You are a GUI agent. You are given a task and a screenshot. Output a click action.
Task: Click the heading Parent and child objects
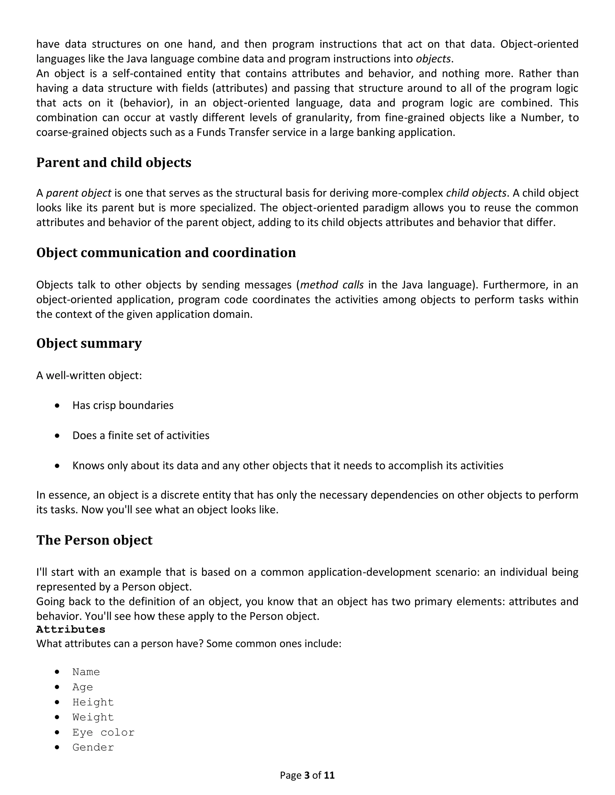click(114, 163)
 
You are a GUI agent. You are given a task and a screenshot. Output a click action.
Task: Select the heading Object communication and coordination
click(166, 253)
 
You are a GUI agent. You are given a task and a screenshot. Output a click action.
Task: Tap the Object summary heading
click(89, 343)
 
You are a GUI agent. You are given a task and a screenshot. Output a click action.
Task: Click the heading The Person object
click(94, 540)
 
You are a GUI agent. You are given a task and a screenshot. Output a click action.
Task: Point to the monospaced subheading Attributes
click(71, 629)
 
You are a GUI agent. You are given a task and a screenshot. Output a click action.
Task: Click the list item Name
click(86, 672)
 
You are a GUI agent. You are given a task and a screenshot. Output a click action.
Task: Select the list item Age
click(83, 687)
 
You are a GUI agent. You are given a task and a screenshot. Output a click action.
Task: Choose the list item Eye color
click(104, 732)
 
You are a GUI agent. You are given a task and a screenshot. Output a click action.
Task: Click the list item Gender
click(93, 747)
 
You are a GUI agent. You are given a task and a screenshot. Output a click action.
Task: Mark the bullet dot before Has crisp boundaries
click(57, 406)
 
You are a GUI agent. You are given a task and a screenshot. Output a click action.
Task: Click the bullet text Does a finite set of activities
click(141, 435)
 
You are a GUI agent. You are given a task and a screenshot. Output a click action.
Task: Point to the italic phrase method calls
click(332, 285)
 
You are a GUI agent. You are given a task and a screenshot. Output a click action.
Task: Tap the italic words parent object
click(79, 193)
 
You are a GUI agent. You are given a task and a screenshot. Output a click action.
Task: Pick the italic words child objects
click(476, 193)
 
